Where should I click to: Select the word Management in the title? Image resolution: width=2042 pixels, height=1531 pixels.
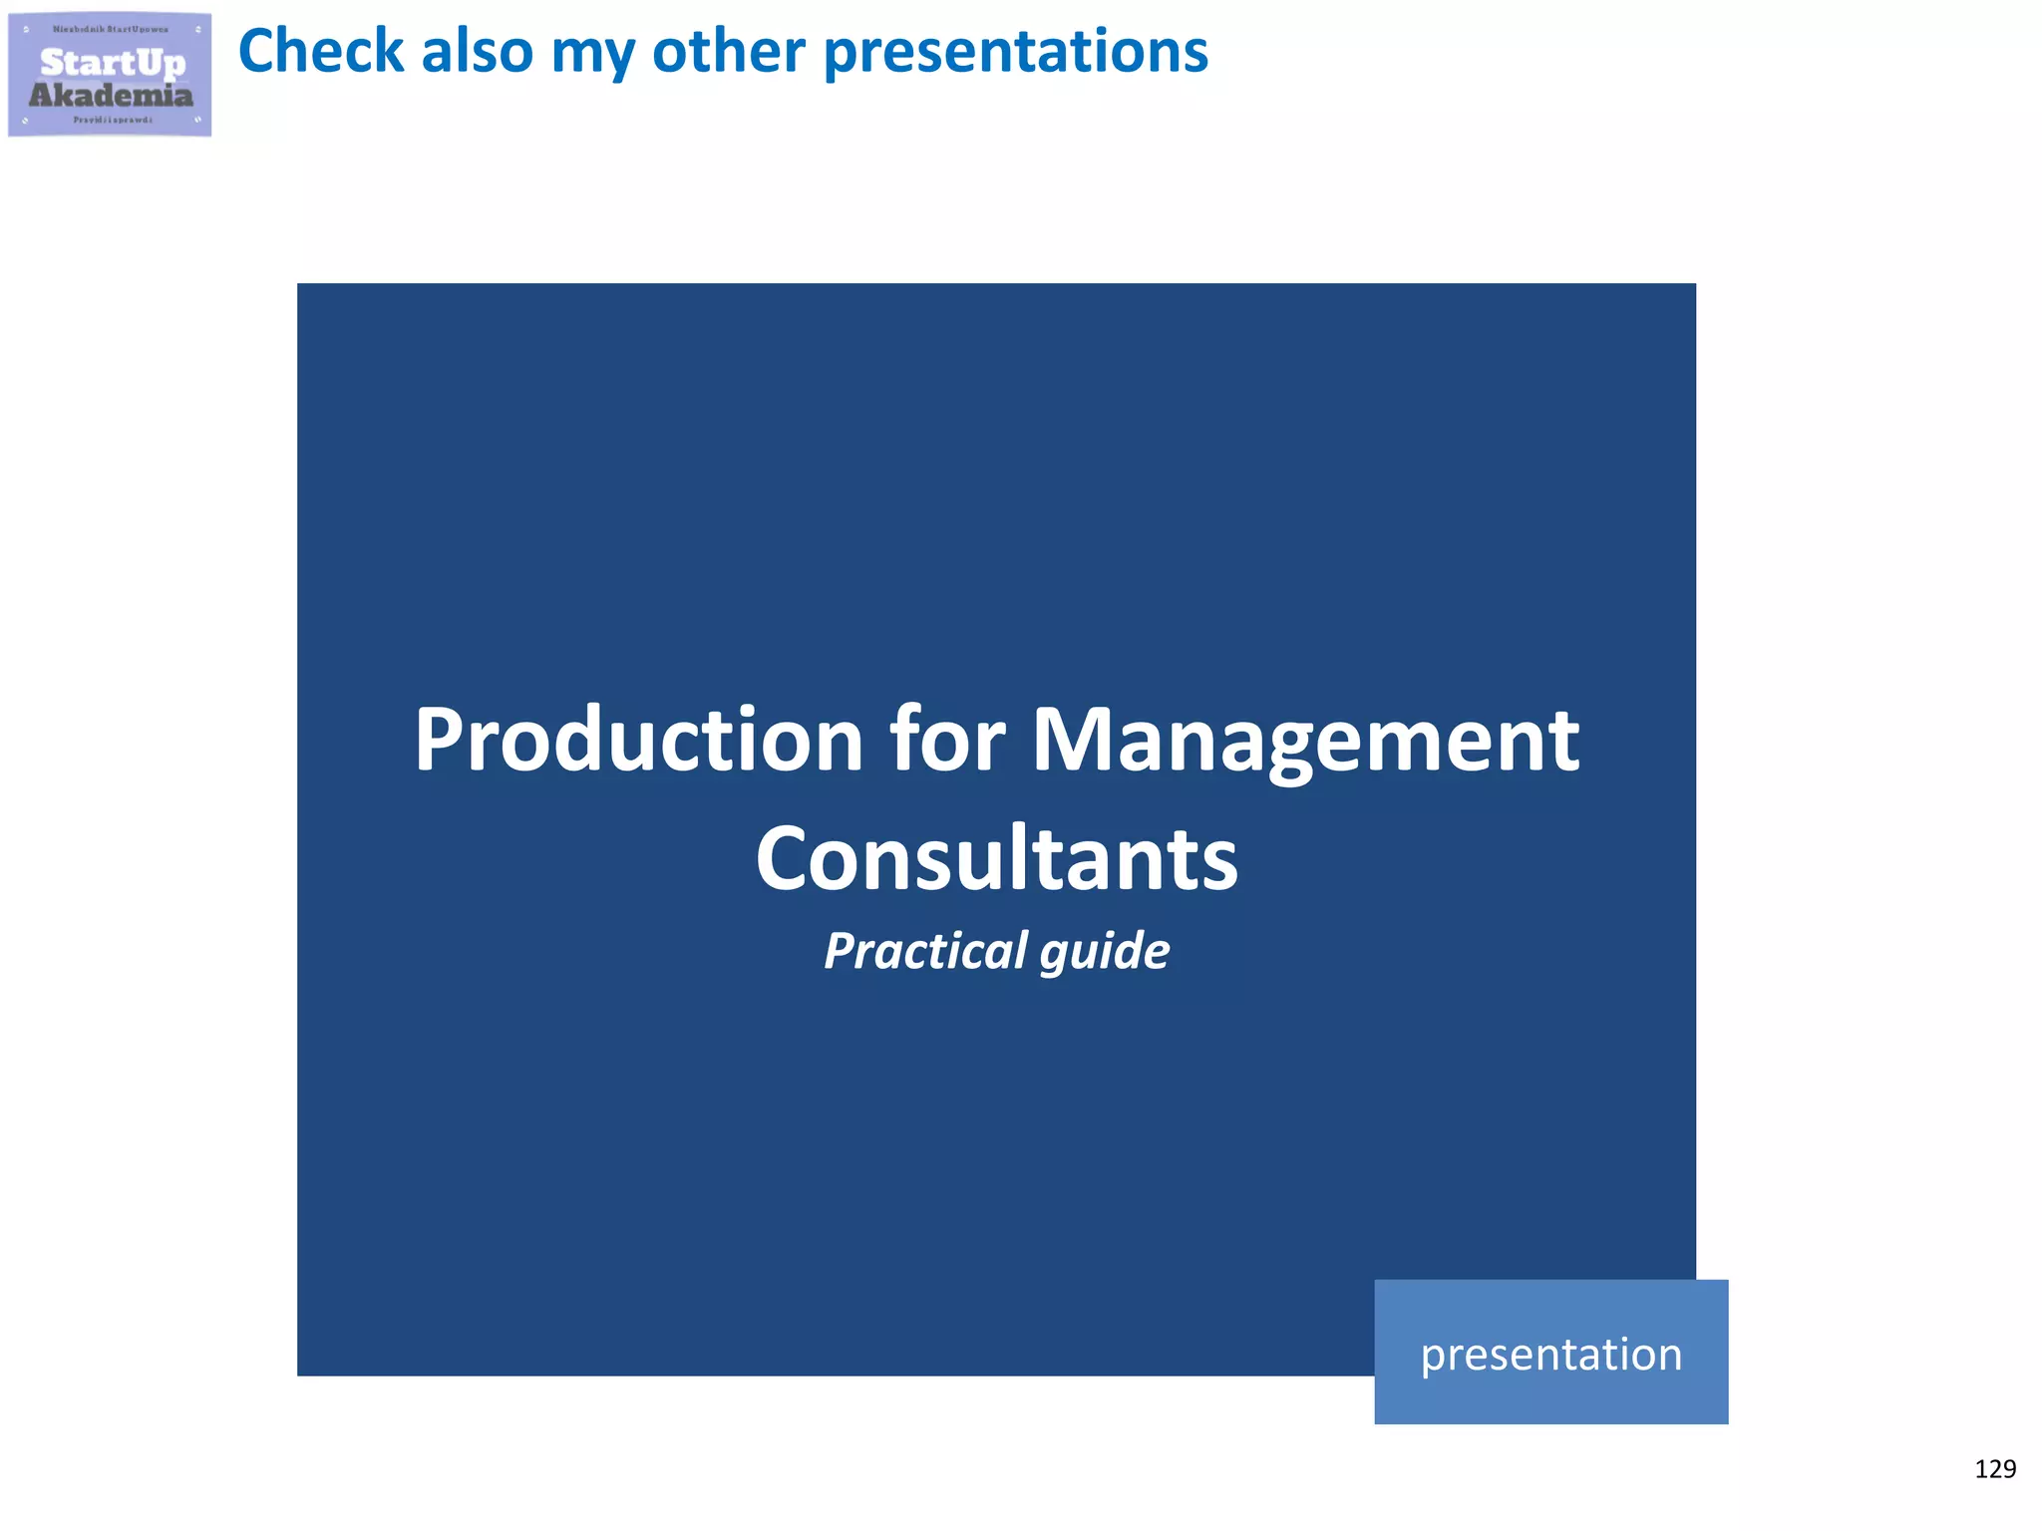(x=1305, y=744)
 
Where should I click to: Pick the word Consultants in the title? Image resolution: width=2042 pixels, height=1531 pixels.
(x=996, y=859)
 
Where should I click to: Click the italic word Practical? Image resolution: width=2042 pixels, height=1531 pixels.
(x=925, y=951)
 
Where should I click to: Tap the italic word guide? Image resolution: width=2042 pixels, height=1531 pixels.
(x=1105, y=953)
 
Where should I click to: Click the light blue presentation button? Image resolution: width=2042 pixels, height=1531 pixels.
(x=1550, y=1353)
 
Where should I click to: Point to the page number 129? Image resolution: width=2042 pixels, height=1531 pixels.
(x=1994, y=1469)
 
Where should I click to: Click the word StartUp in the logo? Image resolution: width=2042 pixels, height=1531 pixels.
(x=113, y=63)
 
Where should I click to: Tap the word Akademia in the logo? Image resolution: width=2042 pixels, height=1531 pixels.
(x=111, y=96)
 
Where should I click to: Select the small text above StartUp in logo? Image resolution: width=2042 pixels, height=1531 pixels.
(x=111, y=30)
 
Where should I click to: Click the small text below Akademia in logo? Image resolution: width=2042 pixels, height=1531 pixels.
(x=113, y=120)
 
